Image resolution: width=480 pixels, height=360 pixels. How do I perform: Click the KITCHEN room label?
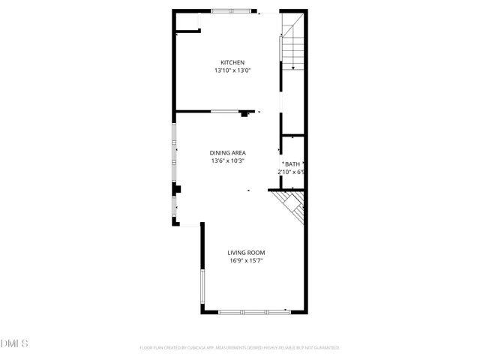click(x=232, y=62)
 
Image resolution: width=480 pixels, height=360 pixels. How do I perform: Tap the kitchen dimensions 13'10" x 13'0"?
click(x=232, y=70)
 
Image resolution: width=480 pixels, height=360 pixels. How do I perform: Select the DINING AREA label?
click(x=228, y=152)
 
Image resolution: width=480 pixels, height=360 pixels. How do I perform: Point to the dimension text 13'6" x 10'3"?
click(x=228, y=160)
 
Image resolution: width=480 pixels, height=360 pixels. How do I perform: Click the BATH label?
click(x=292, y=163)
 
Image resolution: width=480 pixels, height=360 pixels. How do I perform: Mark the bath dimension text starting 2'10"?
click(x=290, y=172)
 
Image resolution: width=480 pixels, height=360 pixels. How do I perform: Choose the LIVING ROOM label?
click(x=246, y=253)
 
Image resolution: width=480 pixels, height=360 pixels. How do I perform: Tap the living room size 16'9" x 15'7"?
click(x=246, y=261)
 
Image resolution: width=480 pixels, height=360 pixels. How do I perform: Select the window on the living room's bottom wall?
click(x=253, y=311)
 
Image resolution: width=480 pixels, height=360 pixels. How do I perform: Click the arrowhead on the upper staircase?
click(x=293, y=68)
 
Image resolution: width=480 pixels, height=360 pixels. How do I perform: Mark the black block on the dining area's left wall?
click(x=177, y=189)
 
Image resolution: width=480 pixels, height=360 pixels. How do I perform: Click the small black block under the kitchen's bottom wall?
click(x=244, y=115)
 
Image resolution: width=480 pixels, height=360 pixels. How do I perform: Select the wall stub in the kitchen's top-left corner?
click(x=188, y=31)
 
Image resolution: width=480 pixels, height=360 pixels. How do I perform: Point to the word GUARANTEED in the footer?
click(x=323, y=348)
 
